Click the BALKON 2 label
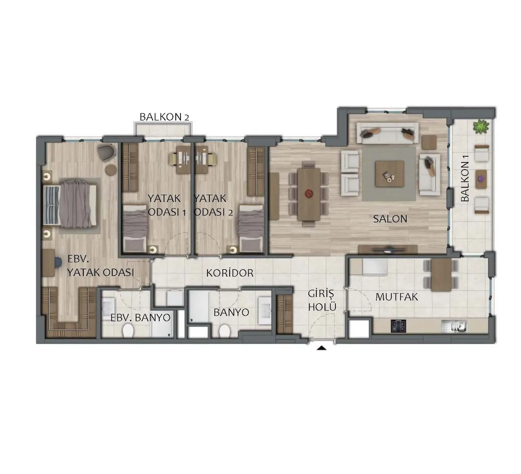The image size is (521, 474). (164, 117)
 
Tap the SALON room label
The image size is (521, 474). (390, 219)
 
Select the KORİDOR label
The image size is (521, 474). (230, 273)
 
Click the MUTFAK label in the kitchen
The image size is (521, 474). (396, 297)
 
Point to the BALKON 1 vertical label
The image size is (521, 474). (465, 182)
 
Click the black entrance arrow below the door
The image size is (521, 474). (321, 348)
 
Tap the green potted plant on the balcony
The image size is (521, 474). (481, 127)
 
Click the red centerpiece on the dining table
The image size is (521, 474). (309, 193)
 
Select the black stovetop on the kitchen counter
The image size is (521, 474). (398, 326)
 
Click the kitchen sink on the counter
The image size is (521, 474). (454, 326)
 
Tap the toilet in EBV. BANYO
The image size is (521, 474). (128, 331)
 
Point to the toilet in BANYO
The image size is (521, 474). (225, 331)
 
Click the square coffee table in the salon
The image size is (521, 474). (390, 173)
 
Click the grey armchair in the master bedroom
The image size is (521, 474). (106, 153)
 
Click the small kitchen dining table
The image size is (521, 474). (441, 275)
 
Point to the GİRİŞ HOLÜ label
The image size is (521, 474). (322, 301)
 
